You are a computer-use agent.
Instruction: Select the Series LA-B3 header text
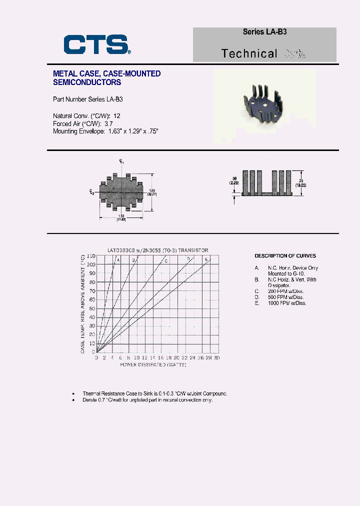264,31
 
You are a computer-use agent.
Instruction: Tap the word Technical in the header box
249,53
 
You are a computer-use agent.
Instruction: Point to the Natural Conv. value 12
117,115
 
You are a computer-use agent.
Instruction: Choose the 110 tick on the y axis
91,255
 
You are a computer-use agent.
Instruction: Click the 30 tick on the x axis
216,358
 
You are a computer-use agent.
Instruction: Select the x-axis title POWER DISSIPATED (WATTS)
153,365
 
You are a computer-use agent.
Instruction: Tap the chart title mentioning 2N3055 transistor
157,250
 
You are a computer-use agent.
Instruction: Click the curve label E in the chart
206,259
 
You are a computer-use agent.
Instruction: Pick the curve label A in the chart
118,259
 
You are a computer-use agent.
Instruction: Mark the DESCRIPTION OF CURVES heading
285,256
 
